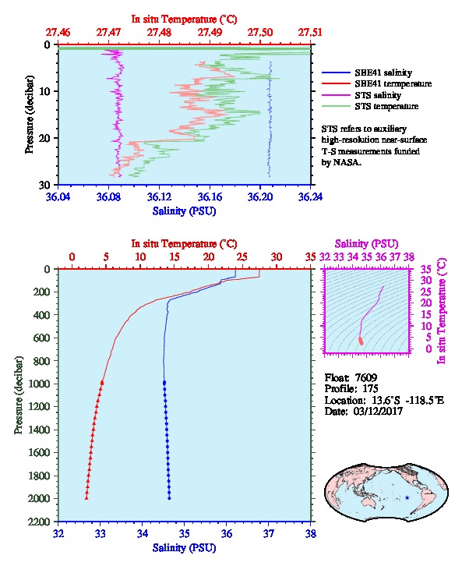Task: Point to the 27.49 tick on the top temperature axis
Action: (210, 33)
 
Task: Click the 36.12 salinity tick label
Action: (159, 197)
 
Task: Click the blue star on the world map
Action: (407, 497)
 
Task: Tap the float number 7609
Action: (366, 377)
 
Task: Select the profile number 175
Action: (370, 389)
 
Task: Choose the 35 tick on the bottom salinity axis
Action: (185, 533)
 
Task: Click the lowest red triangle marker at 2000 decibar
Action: (86, 497)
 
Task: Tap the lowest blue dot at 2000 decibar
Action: (169, 498)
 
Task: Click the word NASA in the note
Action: (346, 162)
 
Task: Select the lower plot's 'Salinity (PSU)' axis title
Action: (185, 548)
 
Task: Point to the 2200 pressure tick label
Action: (39, 522)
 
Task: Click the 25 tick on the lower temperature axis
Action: (242, 256)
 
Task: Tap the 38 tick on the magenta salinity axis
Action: (408, 256)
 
